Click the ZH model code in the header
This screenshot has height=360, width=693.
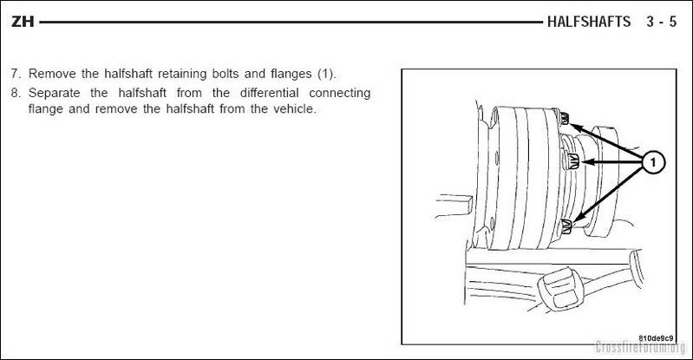click(23, 22)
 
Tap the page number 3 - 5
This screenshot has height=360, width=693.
click(661, 22)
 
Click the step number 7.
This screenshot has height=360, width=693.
click(16, 74)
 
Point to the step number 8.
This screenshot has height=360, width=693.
click(16, 93)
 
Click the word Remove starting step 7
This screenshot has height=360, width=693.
click(52, 74)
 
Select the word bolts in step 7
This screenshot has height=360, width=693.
click(225, 74)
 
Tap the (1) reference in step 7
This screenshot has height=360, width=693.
click(326, 74)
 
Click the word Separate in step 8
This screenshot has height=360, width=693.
click(55, 93)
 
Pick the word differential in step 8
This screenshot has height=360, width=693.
click(269, 93)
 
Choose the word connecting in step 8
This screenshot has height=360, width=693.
click(339, 94)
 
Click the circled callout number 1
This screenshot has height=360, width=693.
click(653, 162)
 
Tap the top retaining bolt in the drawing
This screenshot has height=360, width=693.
click(564, 118)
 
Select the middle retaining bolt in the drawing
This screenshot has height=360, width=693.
click(571, 160)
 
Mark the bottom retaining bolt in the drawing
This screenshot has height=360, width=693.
click(565, 226)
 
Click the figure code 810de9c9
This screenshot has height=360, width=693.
click(656, 338)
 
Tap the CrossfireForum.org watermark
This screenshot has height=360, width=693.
click(640, 347)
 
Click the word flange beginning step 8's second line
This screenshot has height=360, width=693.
click(45, 109)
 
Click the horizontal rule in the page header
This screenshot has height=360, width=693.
click(291, 22)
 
